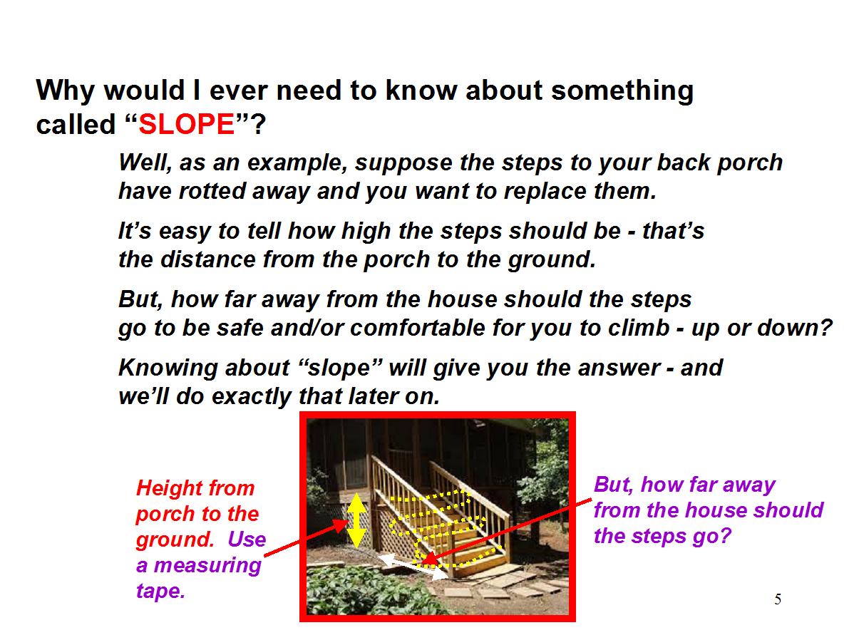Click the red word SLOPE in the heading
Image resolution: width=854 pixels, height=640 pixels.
coord(186,124)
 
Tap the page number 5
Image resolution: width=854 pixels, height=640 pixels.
coord(778,599)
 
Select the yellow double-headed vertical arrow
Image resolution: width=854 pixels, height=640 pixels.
coord(356,520)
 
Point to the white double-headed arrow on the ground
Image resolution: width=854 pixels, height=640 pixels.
coord(413,567)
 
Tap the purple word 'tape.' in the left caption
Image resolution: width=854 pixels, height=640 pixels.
coord(160,591)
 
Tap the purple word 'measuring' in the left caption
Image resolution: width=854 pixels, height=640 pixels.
coord(207,566)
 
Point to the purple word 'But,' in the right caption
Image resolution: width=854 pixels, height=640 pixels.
coord(614,485)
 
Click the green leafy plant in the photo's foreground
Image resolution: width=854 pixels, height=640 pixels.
coord(371,591)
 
